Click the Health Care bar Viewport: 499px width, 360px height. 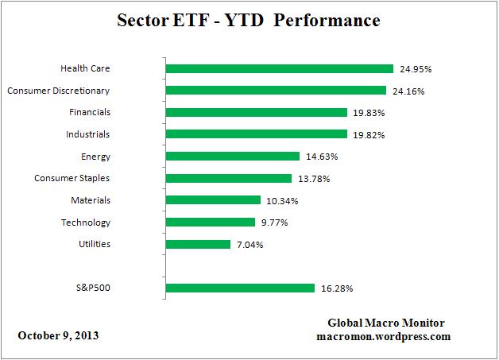pos(279,69)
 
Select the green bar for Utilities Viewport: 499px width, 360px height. pos(198,245)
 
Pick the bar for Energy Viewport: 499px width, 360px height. pos(232,157)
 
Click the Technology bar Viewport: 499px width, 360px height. pos(210,223)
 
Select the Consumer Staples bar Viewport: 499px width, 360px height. pos(229,179)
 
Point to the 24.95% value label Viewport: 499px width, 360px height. pos(415,69)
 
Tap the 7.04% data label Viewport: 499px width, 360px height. pos(248,245)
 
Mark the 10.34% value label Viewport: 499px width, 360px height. pos(281,201)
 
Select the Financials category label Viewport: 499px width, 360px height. pos(89,113)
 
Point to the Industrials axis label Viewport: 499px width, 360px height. pos(88,134)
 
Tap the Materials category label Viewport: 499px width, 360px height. pos(90,200)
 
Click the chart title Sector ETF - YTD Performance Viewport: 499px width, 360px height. pos(248,18)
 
